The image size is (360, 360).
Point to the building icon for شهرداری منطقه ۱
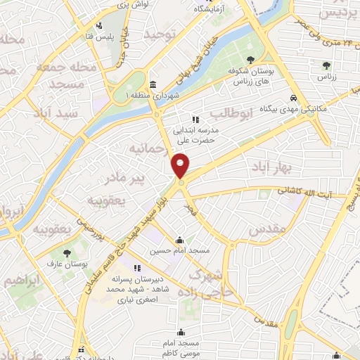153,84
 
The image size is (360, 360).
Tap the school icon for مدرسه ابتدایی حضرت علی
195,120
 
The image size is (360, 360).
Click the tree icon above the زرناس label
325,65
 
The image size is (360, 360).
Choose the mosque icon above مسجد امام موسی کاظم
181,332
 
